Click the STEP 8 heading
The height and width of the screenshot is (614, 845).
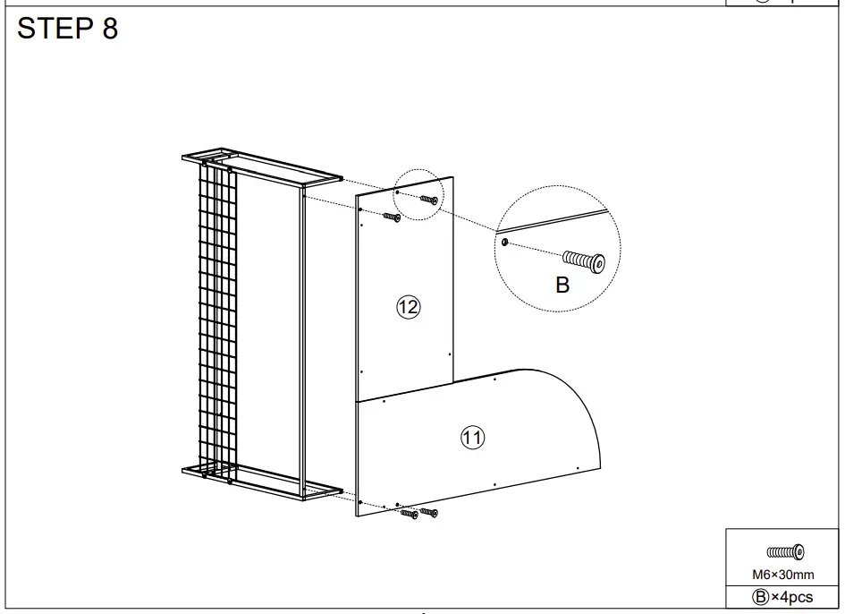pos(68,29)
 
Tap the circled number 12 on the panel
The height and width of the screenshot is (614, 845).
pos(408,308)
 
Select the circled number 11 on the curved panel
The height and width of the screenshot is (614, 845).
pos(472,438)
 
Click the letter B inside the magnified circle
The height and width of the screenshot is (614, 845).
pos(562,286)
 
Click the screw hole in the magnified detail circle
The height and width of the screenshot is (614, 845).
pos(506,242)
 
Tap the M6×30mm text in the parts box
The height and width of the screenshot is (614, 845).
pos(782,575)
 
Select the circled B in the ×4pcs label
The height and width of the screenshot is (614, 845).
pos(761,597)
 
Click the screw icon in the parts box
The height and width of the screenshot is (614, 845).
pos(785,551)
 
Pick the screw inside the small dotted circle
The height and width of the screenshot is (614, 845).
pos(429,200)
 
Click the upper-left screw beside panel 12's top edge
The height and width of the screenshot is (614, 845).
pos(392,216)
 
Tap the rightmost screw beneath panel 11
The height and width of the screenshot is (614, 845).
pos(429,513)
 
